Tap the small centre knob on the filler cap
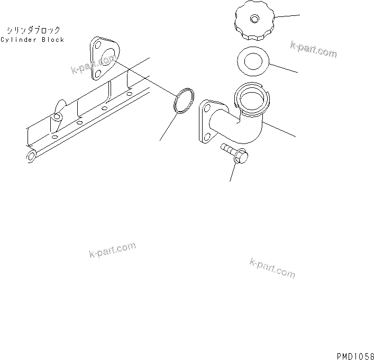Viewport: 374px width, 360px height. coord(255,19)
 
